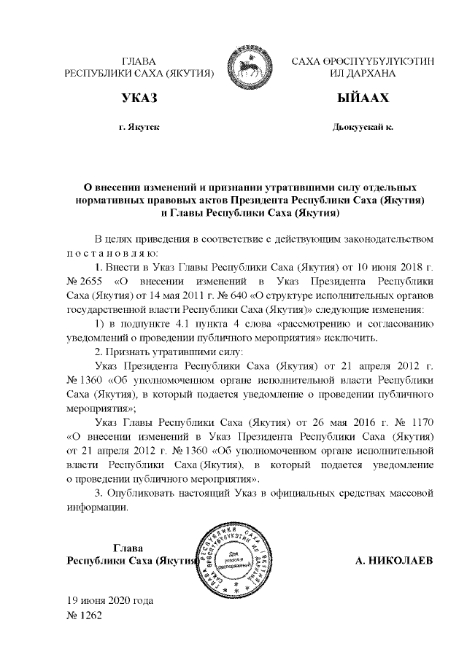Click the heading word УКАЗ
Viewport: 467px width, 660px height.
pyautogui.click(x=139, y=98)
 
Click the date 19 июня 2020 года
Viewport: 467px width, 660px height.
pyautogui.click(x=109, y=601)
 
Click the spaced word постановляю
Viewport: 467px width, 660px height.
pyautogui.click(x=107, y=252)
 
